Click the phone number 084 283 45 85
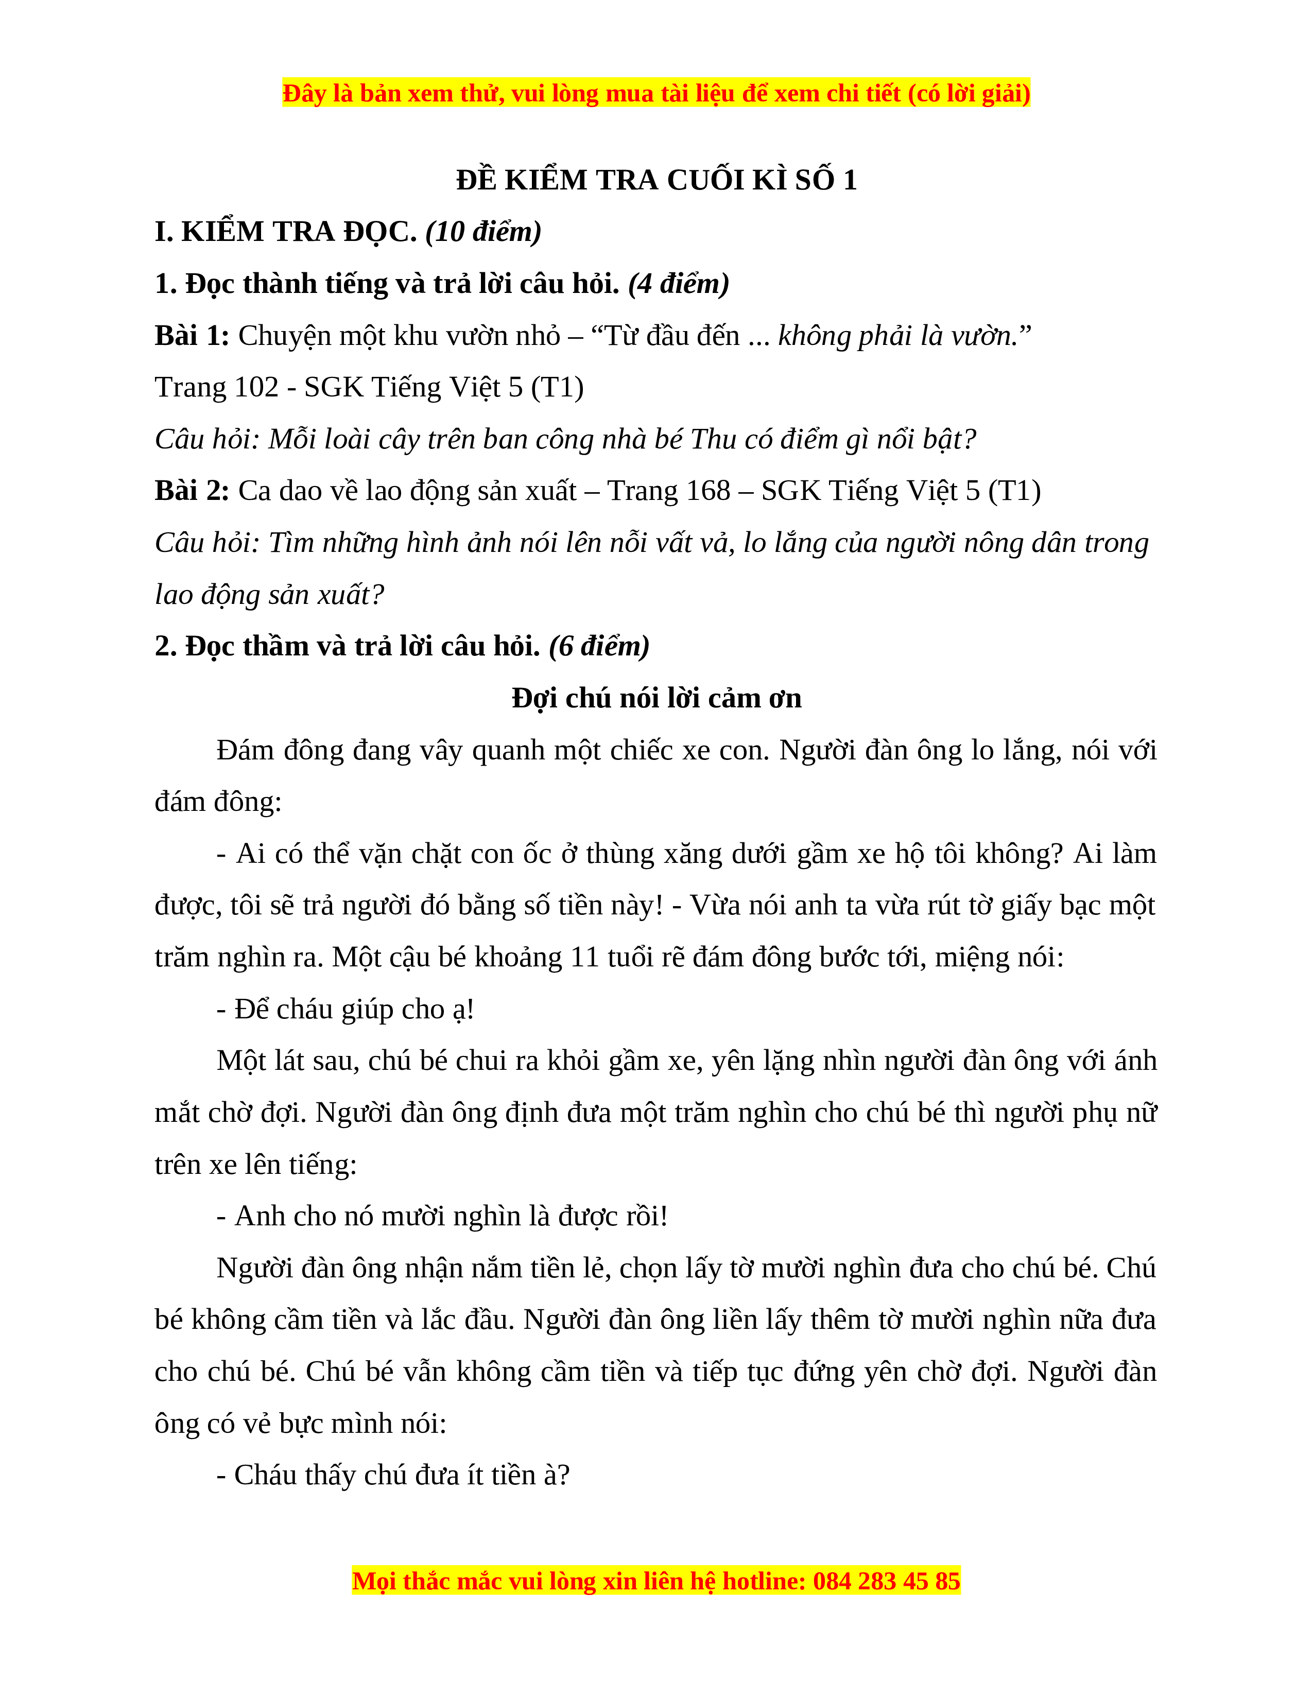tap(886, 1581)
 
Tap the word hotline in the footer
tap(764, 1581)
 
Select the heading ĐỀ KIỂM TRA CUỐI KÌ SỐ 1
tap(656, 180)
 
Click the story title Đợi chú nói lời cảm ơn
tap(656, 698)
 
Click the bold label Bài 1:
tap(192, 335)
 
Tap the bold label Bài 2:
tap(192, 491)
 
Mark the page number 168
tap(707, 491)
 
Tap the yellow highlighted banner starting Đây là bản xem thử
tap(656, 93)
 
